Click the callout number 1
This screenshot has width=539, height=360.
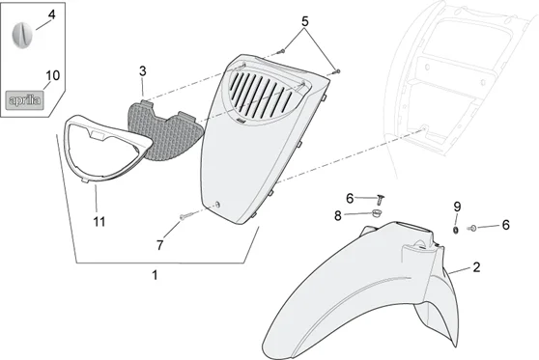click(155, 275)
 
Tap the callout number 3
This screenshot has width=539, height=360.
click(142, 71)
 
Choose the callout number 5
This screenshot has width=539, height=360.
click(305, 20)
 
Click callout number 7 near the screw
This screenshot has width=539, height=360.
click(160, 245)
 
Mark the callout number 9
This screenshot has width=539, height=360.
click(458, 206)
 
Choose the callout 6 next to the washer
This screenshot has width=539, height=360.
click(504, 225)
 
